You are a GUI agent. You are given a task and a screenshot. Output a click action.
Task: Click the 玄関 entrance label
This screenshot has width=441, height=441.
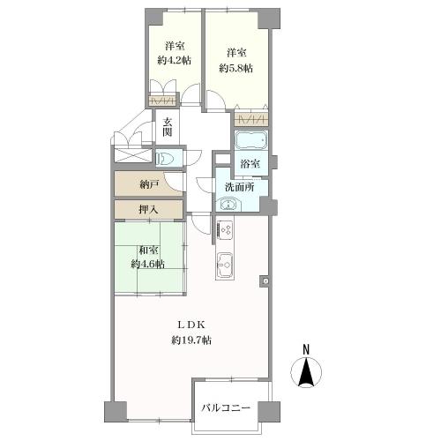[x=168, y=127]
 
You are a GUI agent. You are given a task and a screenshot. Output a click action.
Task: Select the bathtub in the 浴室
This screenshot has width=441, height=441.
[x=251, y=140]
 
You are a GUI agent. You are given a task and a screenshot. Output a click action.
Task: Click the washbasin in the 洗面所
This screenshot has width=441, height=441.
[x=228, y=205]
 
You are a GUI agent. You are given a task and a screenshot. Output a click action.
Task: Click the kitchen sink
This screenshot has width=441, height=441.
[x=225, y=265]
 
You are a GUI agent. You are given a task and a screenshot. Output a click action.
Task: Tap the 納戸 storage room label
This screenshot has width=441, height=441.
[x=150, y=184]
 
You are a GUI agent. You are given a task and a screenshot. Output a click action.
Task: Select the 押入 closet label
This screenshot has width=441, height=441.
[x=149, y=210]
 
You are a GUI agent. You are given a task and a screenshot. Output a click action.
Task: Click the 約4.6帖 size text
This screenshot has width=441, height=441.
[x=147, y=264]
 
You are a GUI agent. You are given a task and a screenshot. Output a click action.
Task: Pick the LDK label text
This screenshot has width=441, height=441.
[x=191, y=325]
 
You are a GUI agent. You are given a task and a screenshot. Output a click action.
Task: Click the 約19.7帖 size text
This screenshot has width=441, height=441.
[x=191, y=340]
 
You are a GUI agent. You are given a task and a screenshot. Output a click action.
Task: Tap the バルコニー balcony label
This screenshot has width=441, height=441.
[x=226, y=407]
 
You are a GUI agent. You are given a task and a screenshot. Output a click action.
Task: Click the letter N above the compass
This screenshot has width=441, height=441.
[x=306, y=349]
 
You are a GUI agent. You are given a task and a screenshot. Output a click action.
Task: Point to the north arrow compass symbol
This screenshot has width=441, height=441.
[x=306, y=372]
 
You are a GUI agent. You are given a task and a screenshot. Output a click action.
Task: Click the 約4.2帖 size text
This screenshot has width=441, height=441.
[x=175, y=60]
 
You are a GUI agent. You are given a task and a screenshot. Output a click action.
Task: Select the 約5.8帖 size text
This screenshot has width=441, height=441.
[x=235, y=68]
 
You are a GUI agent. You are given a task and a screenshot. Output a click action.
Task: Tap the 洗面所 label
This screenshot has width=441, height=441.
[x=240, y=187]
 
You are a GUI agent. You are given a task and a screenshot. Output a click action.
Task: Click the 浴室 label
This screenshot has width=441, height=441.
[x=250, y=164]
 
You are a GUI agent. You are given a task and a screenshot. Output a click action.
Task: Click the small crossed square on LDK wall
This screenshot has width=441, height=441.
[x=265, y=281]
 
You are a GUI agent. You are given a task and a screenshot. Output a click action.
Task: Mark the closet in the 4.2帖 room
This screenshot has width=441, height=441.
[x=162, y=101]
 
